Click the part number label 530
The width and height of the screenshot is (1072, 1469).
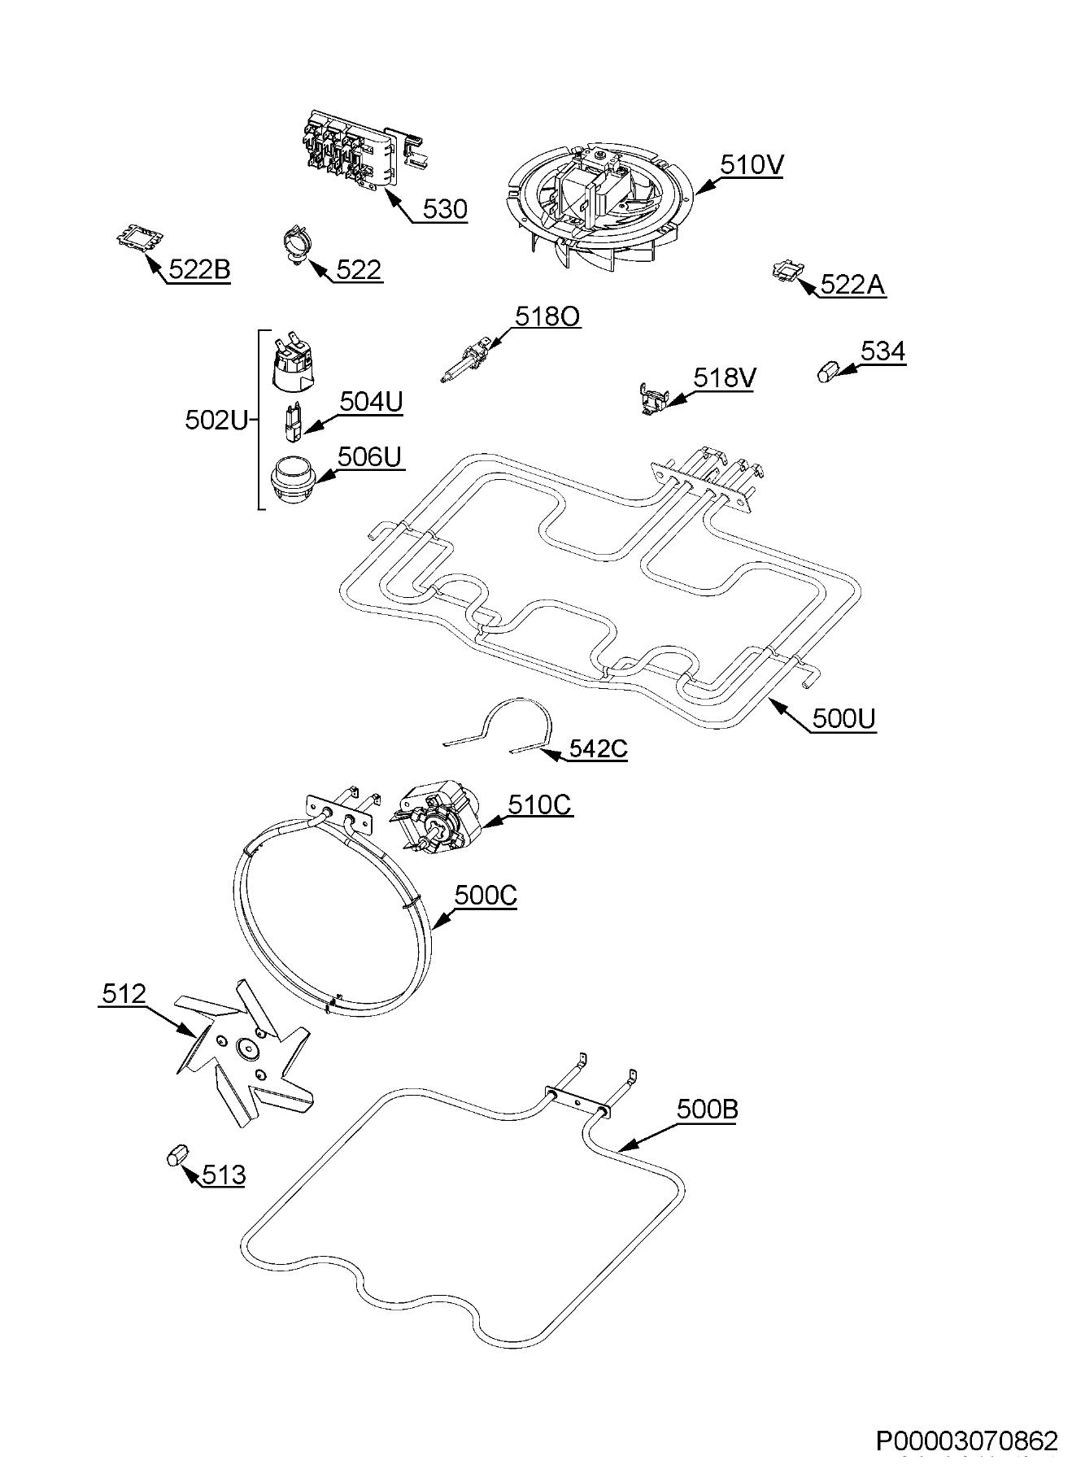(x=445, y=209)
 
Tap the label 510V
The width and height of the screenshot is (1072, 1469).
(x=752, y=165)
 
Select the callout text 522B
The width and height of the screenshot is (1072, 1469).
(x=199, y=269)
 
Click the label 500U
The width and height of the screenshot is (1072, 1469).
(x=843, y=718)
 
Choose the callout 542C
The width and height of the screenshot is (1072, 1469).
(x=598, y=748)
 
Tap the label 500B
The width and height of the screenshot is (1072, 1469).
(x=707, y=1109)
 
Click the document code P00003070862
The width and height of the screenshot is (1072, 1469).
(x=966, y=1441)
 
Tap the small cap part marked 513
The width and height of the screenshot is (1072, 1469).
(x=176, y=1155)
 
